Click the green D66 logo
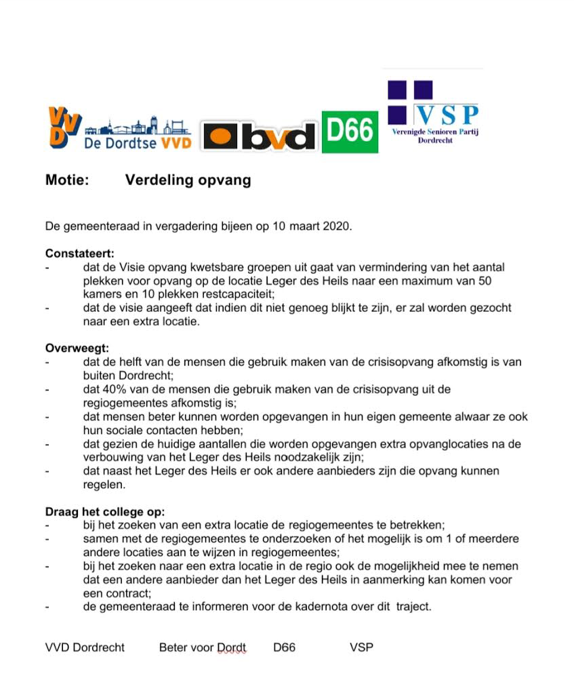[x=350, y=132]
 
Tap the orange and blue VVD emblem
[x=64, y=127]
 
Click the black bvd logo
[x=258, y=136]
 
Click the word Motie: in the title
[x=67, y=180]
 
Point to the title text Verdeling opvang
[x=188, y=180]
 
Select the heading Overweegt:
[x=77, y=348]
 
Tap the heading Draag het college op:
[x=105, y=511]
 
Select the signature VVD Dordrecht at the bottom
[x=85, y=647]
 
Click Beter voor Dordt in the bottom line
[x=203, y=647]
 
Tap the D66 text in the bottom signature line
[x=285, y=647]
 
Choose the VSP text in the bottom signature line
[x=362, y=647]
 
